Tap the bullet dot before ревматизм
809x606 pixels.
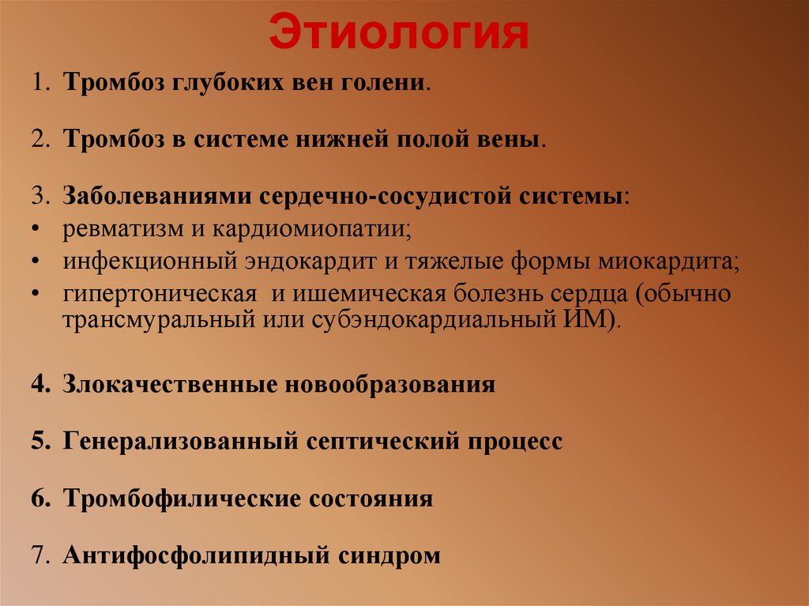coord(38,231)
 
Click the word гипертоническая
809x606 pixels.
coord(161,295)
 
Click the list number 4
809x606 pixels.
coord(39,385)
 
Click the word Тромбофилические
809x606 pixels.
coord(182,499)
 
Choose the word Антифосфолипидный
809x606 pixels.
coord(196,555)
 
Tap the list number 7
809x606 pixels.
coord(39,555)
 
